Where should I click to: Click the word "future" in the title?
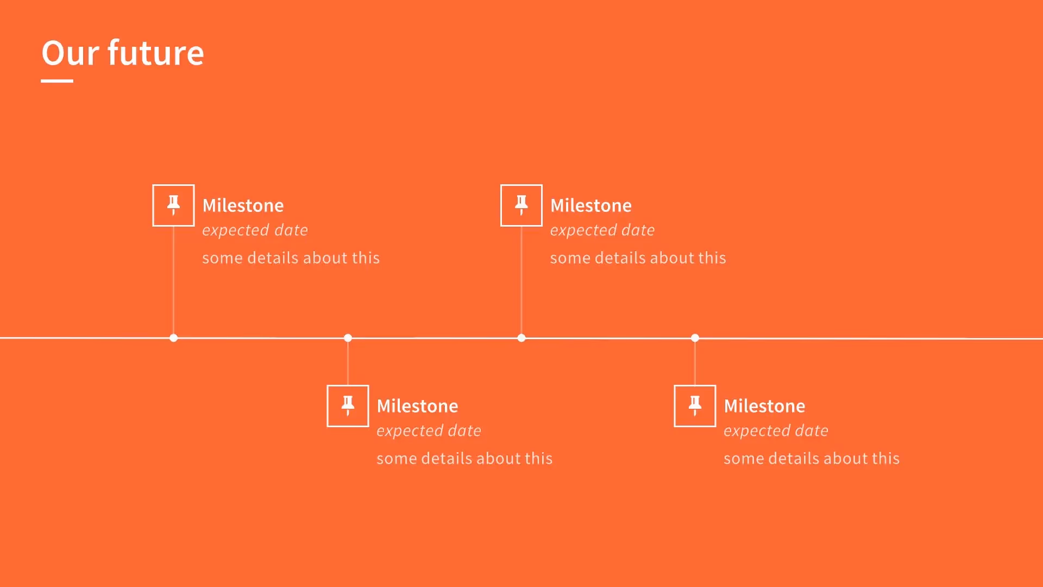(x=155, y=53)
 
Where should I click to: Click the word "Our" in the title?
(x=71, y=53)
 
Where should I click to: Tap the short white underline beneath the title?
(x=57, y=81)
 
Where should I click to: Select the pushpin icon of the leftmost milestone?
(x=173, y=205)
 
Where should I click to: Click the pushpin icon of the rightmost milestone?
(x=695, y=405)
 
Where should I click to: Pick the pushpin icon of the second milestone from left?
(x=348, y=405)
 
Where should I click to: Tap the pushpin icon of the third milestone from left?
(x=521, y=205)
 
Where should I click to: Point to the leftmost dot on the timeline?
(x=173, y=338)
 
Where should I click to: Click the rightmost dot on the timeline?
(x=695, y=338)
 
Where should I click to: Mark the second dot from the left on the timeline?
(x=348, y=338)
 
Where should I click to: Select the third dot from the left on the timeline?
(x=521, y=338)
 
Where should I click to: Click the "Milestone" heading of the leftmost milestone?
(x=243, y=205)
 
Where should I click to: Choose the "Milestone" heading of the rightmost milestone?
(x=764, y=406)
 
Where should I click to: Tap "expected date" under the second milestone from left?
(x=429, y=431)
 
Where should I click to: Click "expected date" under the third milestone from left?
(x=602, y=230)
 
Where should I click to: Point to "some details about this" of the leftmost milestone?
(x=291, y=258)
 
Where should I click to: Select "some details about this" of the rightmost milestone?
(x=812, y=458)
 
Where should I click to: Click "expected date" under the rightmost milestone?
(x=776, y=431)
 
